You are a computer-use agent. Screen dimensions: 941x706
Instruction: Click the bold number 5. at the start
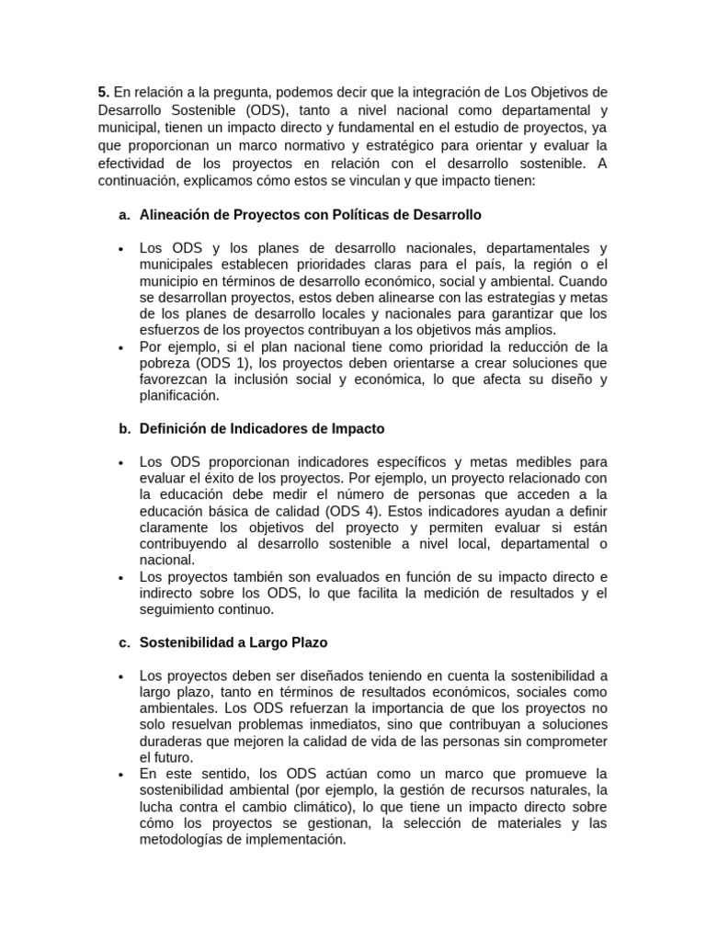(103, 93)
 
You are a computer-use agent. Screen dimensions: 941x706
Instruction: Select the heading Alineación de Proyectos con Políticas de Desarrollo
(310, 215)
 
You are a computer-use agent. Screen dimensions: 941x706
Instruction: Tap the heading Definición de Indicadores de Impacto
(262, 428)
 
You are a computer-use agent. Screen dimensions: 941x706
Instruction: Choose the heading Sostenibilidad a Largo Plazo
(233, 642)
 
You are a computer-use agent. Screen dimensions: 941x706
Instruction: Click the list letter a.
(124, 215)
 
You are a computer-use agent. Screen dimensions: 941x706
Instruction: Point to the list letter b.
(124, 428)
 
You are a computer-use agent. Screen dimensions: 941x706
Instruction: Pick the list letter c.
(124, 642)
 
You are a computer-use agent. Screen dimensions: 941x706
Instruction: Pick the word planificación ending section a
(179, 395)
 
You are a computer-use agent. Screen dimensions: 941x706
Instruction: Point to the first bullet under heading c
(121, 676)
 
